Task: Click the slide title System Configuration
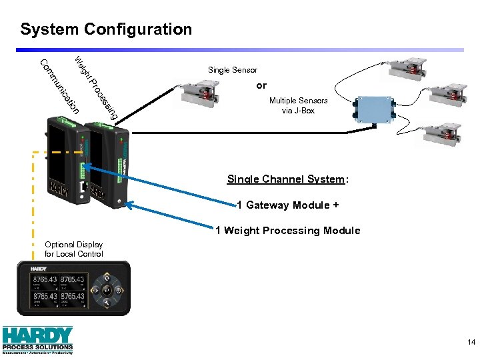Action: [106, 29]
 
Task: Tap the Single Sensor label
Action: [232, 70]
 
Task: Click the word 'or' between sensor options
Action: [261, 85]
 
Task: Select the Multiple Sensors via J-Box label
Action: [298, 105]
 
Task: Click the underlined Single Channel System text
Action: [287, 179]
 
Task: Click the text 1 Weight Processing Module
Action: [287, 231]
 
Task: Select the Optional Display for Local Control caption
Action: [73, 249]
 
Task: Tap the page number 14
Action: [471, 343]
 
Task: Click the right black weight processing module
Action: [107, 167]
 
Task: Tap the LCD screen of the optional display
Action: [58, 288]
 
